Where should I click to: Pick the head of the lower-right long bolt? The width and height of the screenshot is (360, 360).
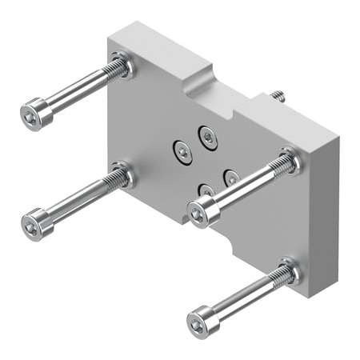[x=200, y=322]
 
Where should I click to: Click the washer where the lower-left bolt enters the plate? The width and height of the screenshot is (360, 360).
[x=122, y=174]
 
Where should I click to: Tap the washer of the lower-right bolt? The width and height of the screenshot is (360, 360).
[x=288, y=272]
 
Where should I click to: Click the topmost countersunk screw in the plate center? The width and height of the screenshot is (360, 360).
[x=209, y=135]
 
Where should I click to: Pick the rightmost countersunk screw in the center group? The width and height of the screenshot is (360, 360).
[x=233, y=177]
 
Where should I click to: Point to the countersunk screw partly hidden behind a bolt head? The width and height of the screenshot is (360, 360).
[x=206, y=190]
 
